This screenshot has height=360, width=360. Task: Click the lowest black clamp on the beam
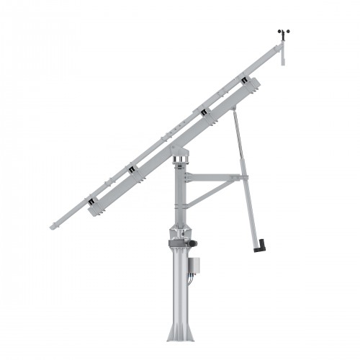[92, 204]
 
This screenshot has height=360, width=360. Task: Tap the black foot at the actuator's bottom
[258, 247]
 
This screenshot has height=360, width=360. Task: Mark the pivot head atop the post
[179, 153]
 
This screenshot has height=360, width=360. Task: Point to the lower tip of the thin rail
[53, 228]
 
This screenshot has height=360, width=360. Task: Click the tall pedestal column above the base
[180, 288]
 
